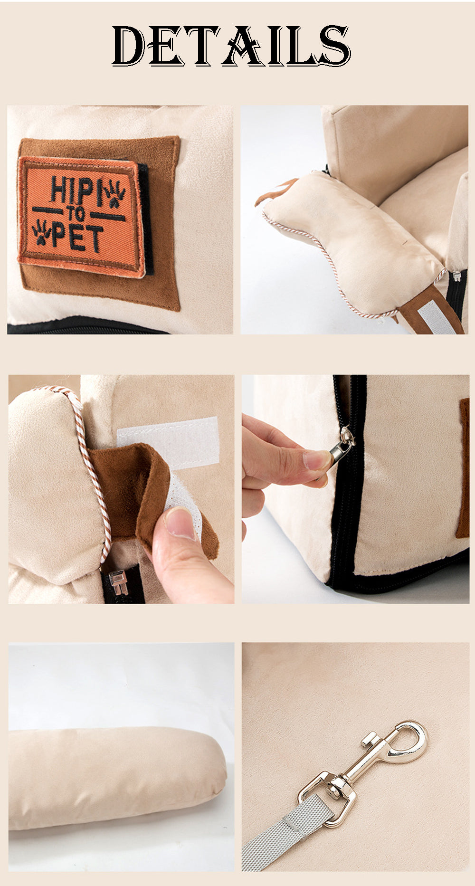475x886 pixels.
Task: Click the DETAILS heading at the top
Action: click(231, 46)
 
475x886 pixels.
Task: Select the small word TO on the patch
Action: click(76, 214)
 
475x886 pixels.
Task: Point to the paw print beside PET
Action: click(41, 231)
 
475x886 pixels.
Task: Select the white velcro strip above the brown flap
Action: click(168, 443)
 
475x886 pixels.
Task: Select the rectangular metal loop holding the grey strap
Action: click(328, 798)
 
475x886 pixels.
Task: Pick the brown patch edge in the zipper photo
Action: click(463, 468)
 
